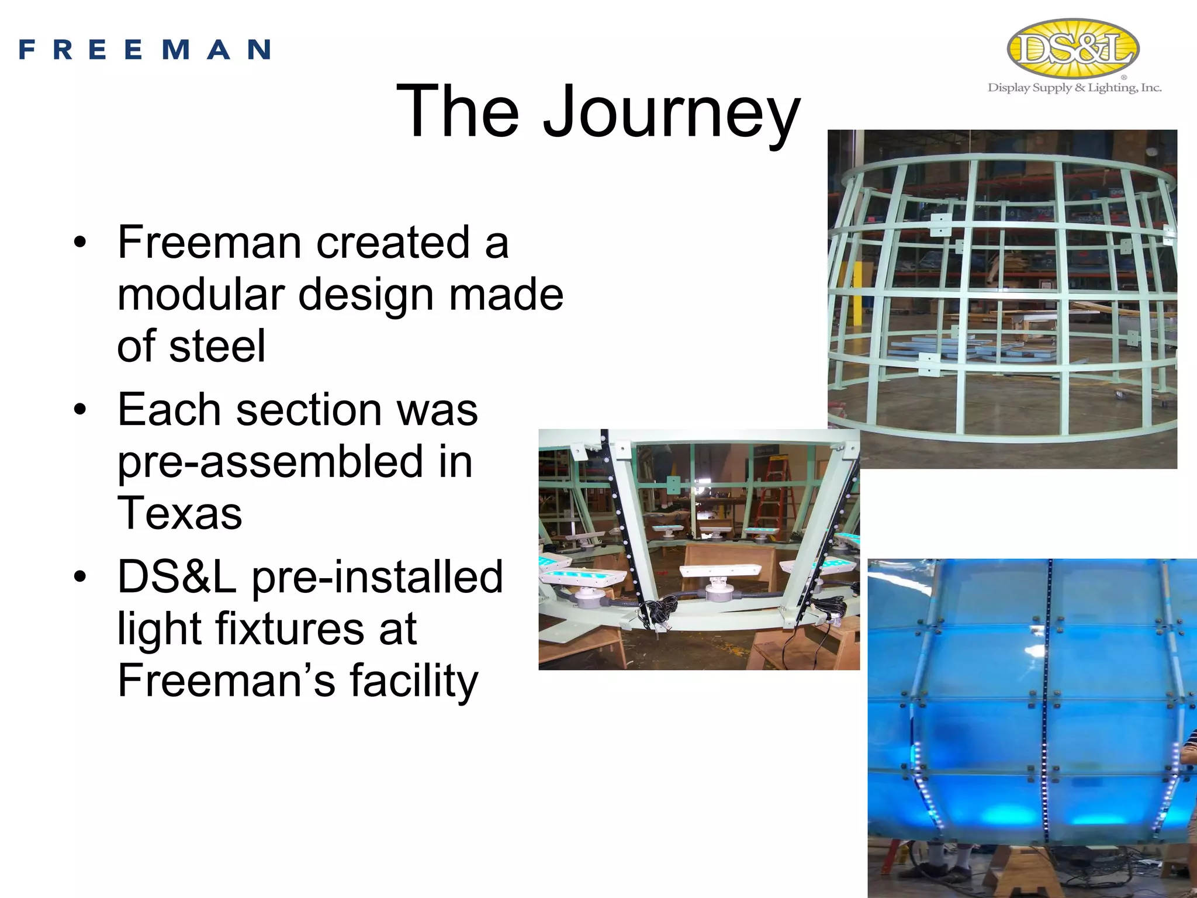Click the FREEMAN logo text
click(144, 50)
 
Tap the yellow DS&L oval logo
click(1073, 49)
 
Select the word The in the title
click(457, 111)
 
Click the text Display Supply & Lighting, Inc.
click(1074, 88)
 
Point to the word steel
click(217, 346)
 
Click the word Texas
click(179, 513)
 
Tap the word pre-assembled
click(269, 462)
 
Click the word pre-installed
click(377, 577)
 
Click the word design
click(366, 294)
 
